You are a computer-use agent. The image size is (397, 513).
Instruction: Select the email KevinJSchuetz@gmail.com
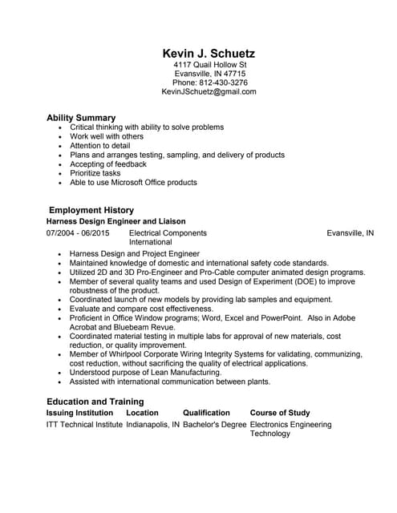click(x=209, y=92)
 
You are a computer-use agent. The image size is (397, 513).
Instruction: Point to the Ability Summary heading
click(x=81, y=118)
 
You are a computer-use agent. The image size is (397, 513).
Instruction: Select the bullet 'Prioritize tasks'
click(x=95, y=173)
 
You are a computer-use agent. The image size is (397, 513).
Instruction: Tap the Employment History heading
click(x=91, y=210)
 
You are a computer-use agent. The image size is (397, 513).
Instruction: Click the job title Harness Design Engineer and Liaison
click(x=116, y=221)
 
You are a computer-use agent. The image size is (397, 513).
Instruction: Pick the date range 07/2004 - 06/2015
click(x=78, y=233)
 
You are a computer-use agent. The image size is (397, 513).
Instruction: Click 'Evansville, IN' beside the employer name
click(x=350, y=233)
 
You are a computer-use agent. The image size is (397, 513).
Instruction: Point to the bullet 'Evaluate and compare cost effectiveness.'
click(x=148, y=309)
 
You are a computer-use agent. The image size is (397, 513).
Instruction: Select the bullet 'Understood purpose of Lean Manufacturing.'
click(x=146, y=373)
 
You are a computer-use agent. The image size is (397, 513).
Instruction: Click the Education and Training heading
click(x=95, y=402)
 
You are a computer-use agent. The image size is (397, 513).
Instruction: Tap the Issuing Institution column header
click(x=79, y=413)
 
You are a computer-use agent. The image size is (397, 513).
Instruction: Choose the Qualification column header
click(x=206, y=413)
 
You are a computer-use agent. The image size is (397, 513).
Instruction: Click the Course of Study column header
click(x=280, y=413)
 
